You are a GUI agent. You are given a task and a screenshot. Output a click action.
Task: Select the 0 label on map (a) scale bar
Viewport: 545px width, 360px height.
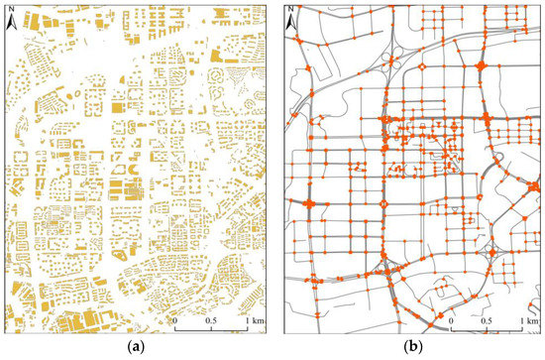(175, 322)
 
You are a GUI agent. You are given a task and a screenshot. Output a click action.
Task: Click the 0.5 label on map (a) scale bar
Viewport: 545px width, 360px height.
(209, 322)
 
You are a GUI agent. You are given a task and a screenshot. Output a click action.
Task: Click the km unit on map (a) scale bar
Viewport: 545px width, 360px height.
(255, 322)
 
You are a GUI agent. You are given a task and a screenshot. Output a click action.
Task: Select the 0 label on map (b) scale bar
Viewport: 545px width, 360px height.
(451, 322)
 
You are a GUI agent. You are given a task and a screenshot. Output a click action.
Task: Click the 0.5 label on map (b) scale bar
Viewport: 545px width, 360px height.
(486, 322)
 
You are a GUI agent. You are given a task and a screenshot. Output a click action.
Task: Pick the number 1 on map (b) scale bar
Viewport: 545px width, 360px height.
(518, 322)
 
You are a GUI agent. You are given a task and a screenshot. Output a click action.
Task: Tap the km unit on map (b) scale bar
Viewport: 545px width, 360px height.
(531, 322)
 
